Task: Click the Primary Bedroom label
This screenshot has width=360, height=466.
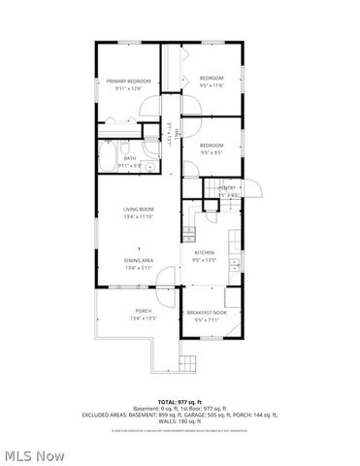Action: tap(129, 82)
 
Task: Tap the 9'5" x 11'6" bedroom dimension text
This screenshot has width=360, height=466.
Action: tap(212, 86)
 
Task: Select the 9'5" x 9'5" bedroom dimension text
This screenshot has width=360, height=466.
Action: tap(212, 152)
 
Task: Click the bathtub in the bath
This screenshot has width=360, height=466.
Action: tap(108, 154)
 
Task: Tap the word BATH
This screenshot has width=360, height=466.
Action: tap(129, 158)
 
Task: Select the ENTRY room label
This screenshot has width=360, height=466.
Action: tap(229, 188)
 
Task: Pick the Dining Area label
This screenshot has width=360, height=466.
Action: tap(138, 260)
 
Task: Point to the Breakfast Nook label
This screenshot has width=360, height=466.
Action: tap(207, 312)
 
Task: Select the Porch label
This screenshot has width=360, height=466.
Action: tap(136, 312)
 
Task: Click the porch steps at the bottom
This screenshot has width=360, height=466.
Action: tap(188, 361)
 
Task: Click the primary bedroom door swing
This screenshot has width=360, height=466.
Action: tap(148, 110)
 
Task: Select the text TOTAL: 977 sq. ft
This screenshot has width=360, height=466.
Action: tap(180, 401)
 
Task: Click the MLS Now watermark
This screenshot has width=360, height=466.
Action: tap(34, 454)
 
